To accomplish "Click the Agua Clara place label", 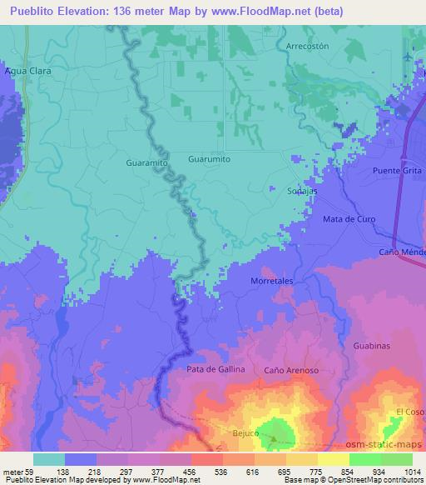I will pos(28,72).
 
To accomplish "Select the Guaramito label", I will pos(147,164).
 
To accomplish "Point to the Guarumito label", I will pos(209,158).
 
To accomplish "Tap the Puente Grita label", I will pos(397,171).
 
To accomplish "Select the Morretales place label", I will pos(273,282).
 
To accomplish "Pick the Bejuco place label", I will pos(245,433).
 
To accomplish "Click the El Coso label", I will pos(409,412).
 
